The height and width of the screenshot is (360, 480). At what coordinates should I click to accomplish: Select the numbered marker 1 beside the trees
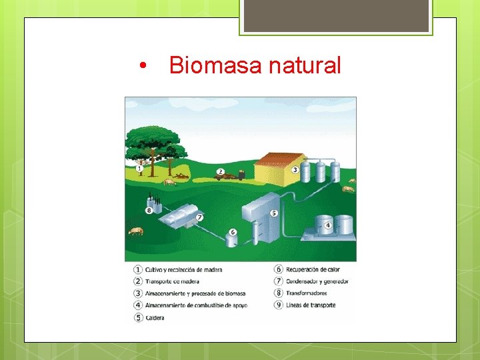[139, 169]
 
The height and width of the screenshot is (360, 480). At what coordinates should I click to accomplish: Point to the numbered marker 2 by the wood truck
[220, 171]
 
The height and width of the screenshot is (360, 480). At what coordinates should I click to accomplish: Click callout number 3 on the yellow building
[295, 170]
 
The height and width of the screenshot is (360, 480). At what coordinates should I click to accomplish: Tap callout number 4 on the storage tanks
[328, 225]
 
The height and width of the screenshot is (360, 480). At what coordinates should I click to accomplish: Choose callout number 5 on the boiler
[274, 213]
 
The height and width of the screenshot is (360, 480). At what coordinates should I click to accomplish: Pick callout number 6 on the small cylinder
[233, 232]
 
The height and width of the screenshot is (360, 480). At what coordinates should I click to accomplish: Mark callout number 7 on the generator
[199, 217]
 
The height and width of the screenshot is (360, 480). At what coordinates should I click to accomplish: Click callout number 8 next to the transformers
[149, 211]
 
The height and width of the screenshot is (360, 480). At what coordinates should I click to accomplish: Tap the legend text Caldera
[155, 318]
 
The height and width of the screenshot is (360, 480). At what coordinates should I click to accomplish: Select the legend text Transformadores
[306, 293]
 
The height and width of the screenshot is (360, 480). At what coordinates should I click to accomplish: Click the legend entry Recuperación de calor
[313, 269]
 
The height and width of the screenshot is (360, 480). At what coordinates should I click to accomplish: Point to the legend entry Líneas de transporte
[310, 305]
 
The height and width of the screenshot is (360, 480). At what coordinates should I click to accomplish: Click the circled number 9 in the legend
[278, 305]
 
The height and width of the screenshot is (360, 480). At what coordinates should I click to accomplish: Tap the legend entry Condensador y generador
[317, 281]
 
